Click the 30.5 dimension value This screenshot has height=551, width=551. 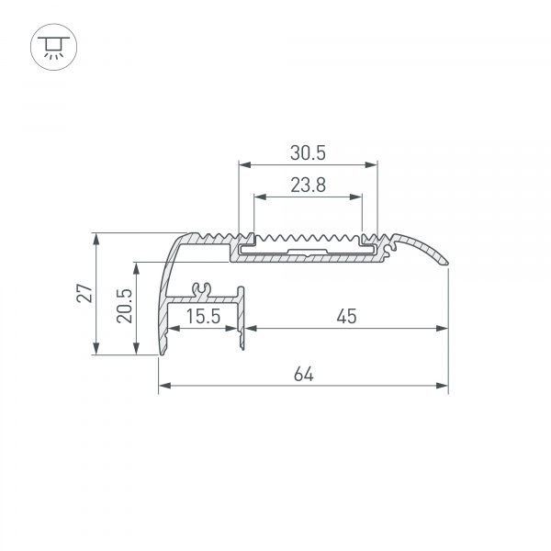click(308, 152)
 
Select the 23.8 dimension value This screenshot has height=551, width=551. click(308, 185)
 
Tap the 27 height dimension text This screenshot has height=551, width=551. click(84, 293)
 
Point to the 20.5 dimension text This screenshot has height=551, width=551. click(124, 306)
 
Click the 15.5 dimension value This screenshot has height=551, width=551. click(203, 316)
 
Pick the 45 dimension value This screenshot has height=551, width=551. click(346, 316)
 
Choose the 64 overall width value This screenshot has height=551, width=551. click(304, 374)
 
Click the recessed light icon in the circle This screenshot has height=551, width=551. click(54, 47)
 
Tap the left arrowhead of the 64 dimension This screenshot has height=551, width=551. click(164, 386)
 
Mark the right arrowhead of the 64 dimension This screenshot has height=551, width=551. click(442, 386)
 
